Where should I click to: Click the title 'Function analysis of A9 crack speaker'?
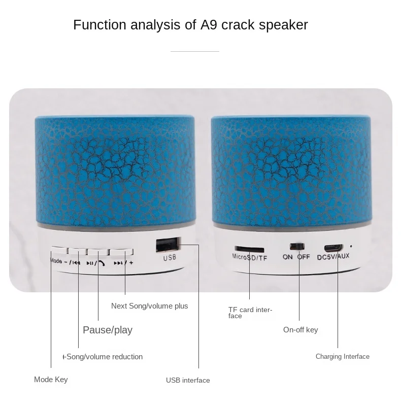(190, 25)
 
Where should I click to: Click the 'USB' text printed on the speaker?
(169, 258)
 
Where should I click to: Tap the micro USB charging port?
(332, 248)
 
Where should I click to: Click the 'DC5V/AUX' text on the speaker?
(333, 257)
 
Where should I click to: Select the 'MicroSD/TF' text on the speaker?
(250, 258)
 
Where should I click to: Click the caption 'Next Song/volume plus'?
(149, 306)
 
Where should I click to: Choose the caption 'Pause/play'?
(108, 330)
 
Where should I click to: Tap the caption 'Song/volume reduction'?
(103, 357)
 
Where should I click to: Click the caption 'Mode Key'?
(51, 380)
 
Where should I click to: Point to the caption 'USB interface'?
(188, 380)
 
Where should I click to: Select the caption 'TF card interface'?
(250, 313)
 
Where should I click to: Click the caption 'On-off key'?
(300, 330)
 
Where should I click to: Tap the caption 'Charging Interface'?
(343, 357)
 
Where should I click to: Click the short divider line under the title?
(195, 51)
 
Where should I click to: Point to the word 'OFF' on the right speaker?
(304, 257)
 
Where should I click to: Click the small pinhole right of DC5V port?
(351, 246)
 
